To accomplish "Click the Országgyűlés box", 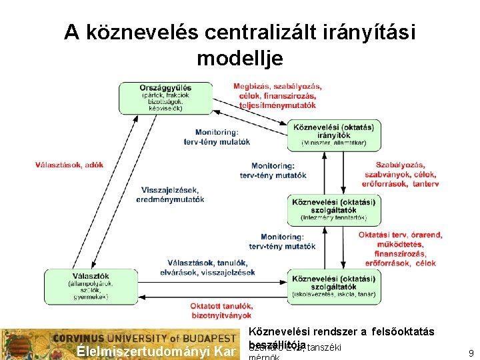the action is coord(165,97).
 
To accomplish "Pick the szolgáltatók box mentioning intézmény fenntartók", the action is coord(333,209).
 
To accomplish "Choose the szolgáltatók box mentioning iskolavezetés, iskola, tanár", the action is coord(333,287).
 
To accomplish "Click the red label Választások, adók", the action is coord(69,165).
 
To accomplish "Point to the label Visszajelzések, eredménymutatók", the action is coord(170,195).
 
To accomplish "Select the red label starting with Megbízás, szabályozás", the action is coord(277,96).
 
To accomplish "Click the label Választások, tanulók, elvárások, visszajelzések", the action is coord(207,267).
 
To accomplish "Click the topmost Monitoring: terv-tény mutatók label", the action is coord(217,137).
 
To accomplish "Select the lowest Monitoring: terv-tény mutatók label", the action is coord(288,241).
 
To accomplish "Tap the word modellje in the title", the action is coord(240,58).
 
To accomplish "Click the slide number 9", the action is coord(471,353).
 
